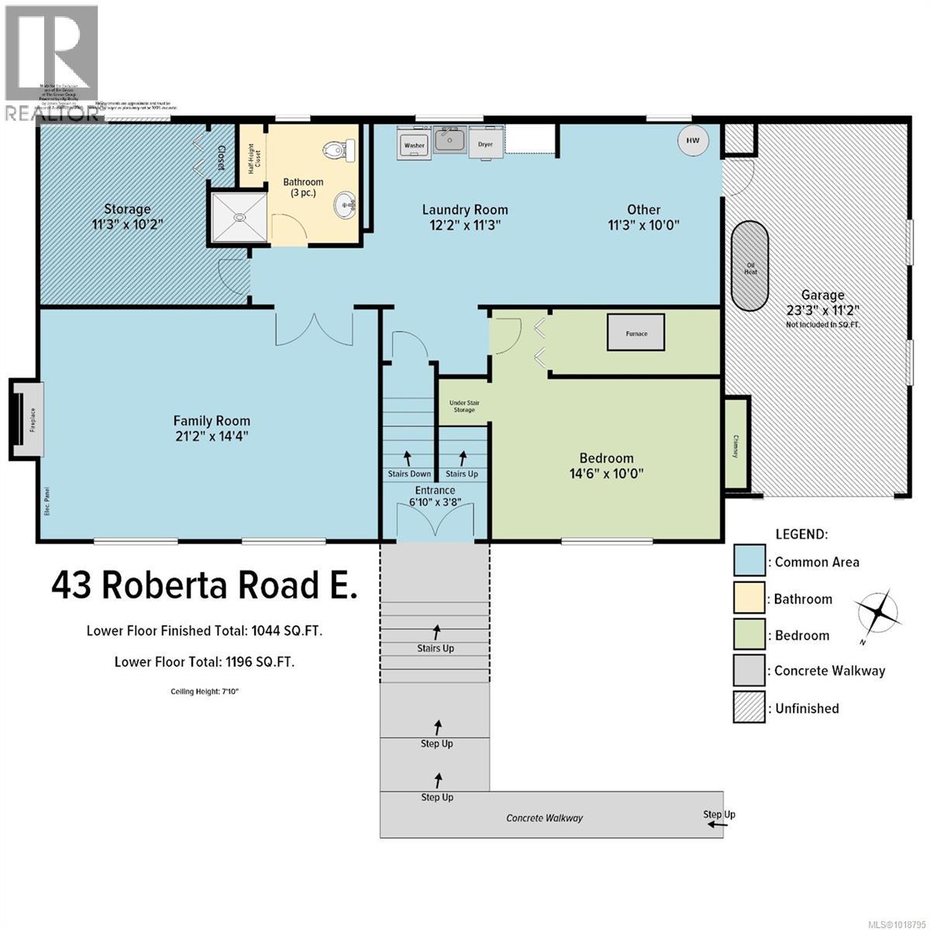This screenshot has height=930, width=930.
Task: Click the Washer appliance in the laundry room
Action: point(414,144)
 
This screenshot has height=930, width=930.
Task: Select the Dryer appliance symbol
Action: point(485,144)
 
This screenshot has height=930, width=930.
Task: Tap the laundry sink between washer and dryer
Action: point(449,141)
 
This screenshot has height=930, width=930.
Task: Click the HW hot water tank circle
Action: point(693,140)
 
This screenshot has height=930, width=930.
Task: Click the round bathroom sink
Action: point(344,206)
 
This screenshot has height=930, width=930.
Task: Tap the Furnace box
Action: point(636,332)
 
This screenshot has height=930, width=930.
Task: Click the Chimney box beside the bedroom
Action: point(735,443)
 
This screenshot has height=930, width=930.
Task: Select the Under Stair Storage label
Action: point(463,406)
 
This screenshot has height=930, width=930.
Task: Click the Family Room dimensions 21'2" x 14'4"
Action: point(211,436)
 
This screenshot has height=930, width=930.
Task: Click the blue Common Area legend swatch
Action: point(749,561)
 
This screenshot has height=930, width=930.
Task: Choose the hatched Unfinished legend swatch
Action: point(749,707)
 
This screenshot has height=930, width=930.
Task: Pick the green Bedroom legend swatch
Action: point(749,634)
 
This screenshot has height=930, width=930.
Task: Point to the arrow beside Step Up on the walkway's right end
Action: point(717,825)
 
